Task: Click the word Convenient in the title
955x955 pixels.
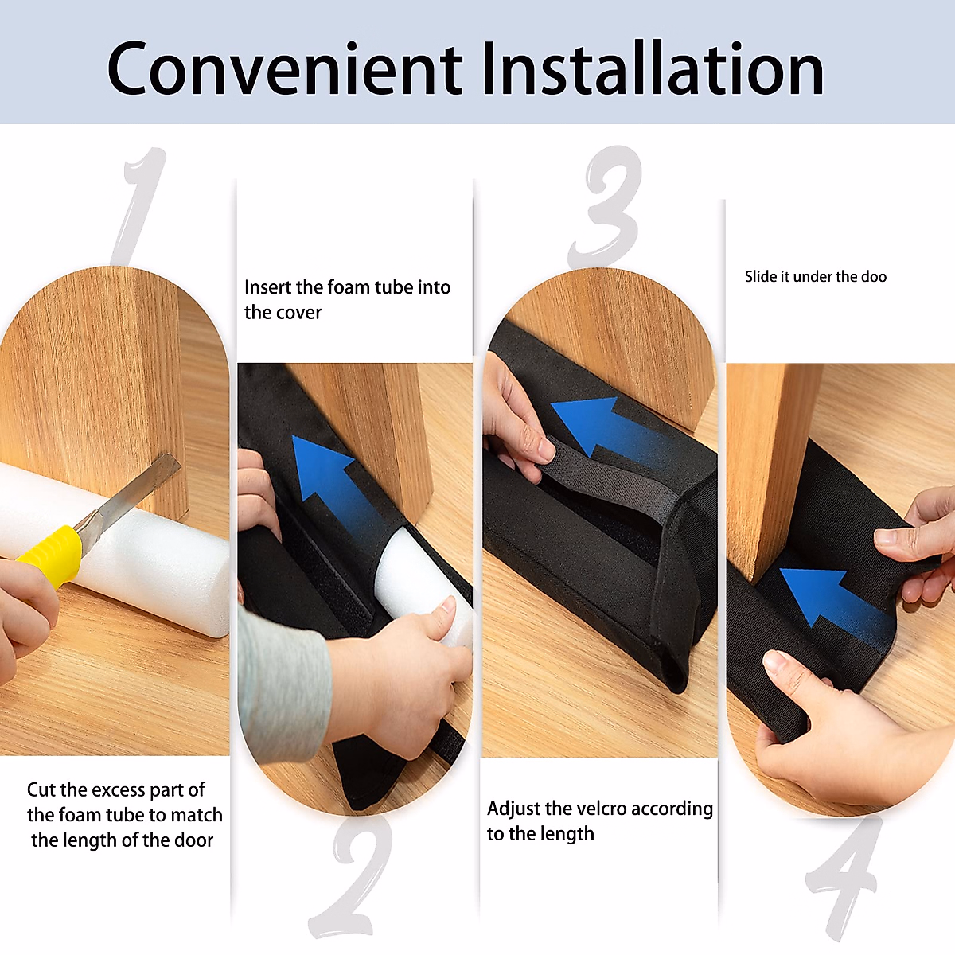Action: [284, 69]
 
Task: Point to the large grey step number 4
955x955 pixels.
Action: [844, 875]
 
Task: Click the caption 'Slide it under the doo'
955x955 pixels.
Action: [815, 277]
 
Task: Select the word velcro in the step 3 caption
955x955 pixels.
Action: [626, 809]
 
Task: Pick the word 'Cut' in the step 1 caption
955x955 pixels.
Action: [41, 789]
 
